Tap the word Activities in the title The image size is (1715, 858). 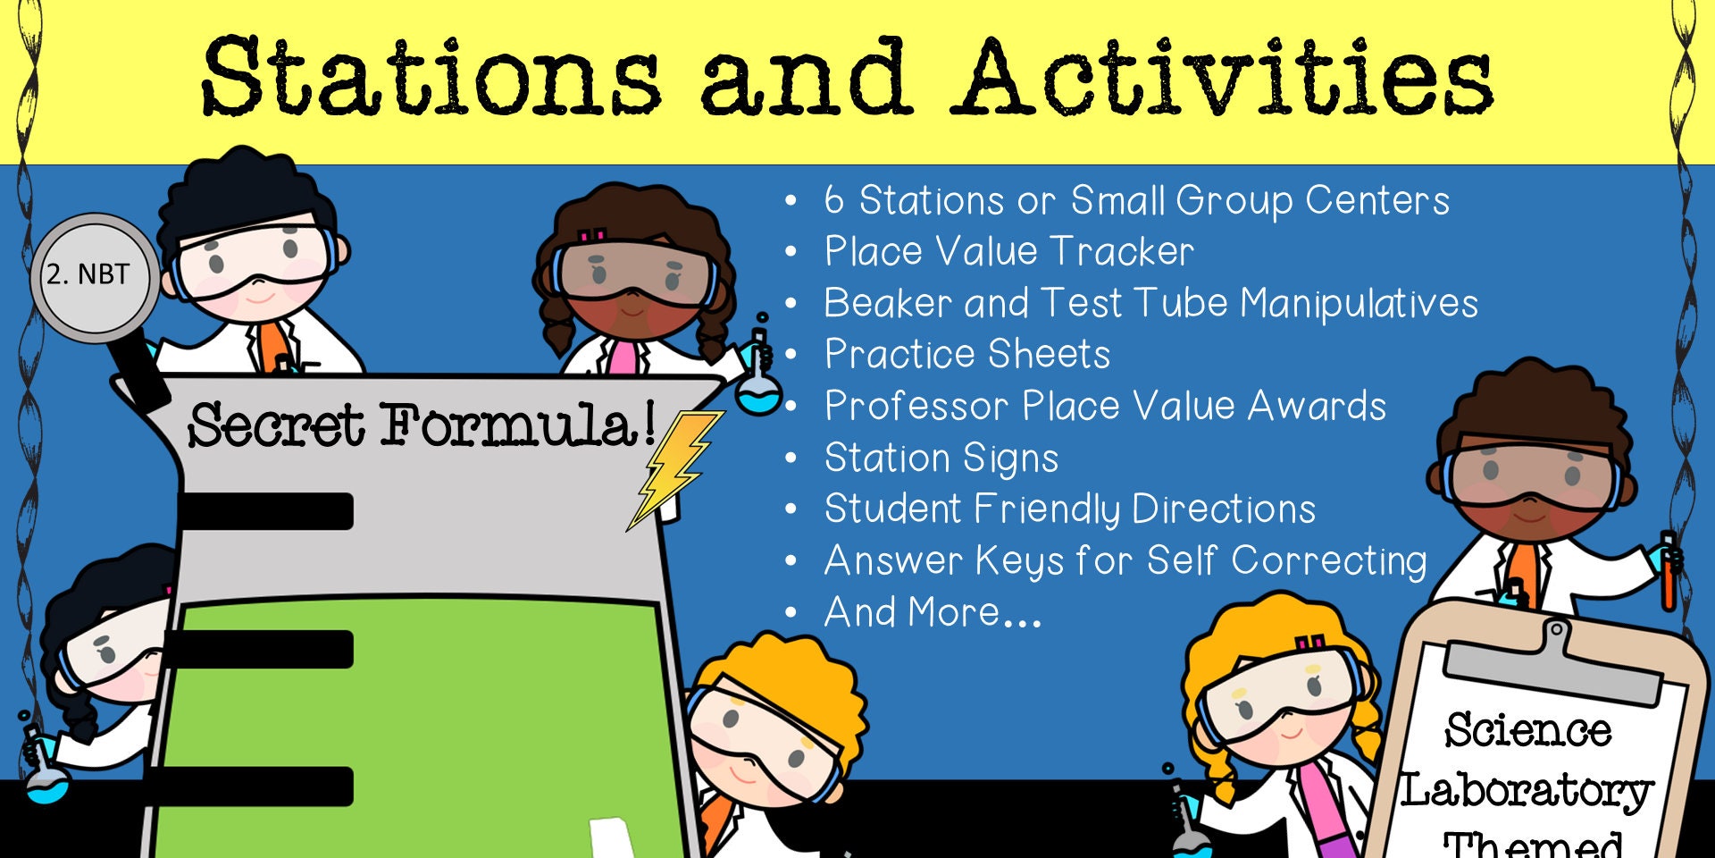pos(1224,78)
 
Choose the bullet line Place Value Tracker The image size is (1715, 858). pos(1008,251)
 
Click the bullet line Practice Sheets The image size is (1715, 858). pos(966,355)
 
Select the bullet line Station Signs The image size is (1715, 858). pos(941,458)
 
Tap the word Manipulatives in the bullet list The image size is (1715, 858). pos(1359,303)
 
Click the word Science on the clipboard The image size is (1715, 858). pos(1528,730)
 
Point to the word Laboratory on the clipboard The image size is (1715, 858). pos(1527,791)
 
